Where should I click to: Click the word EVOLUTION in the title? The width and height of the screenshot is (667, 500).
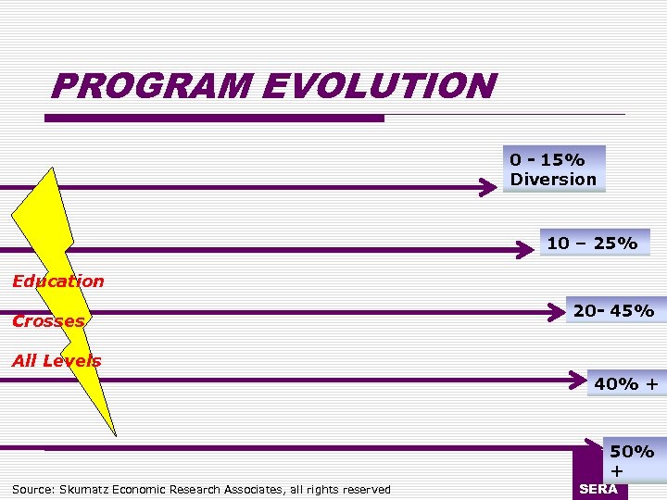[x=380, y=87]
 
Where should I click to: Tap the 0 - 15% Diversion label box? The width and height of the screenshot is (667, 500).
[x=553, y=169]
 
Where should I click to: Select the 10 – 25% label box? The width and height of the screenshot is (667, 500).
[x=592, y=244]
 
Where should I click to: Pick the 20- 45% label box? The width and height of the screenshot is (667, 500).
[x=613, y=311]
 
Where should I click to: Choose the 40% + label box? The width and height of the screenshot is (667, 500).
[x=626, y=382]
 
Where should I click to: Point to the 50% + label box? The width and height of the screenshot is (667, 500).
[x=633, y=461]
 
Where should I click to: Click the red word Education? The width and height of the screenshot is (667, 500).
[x=57, y=281]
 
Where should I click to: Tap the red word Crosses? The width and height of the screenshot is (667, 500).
[x=48, y=321]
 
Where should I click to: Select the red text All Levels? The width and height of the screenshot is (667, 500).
[x=57, y=361]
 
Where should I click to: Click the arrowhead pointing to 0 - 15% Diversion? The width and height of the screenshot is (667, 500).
[x=488, y=188]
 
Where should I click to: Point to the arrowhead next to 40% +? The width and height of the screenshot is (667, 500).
[x=580, y=380]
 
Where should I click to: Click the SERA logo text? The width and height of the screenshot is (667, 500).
[x=598, y=489]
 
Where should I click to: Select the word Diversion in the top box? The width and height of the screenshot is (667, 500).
[x=553, y=179]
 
